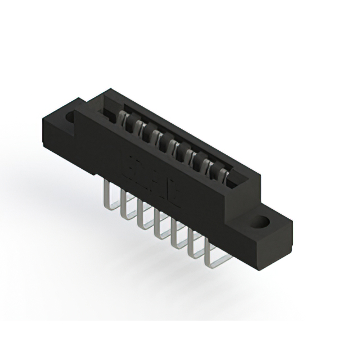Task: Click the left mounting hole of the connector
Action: click(71, 118)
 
